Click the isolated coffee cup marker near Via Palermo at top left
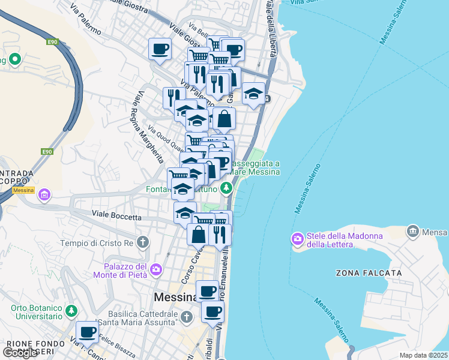pos(160,49)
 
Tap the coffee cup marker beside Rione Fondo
pos(88,332)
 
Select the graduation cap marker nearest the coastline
pos(253,94)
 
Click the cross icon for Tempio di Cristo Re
pos(142,243)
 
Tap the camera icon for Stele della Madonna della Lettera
pos(298,239)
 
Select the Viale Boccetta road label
pos(116,214)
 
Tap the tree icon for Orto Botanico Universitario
pos(71,311)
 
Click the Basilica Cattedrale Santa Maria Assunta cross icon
pos(187,316)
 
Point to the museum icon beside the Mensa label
pos(412,231)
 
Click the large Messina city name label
pos(175,297)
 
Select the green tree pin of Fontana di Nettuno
pos(226,188)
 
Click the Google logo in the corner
pos(20,353)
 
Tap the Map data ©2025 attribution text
pos(423,355)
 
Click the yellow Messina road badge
pos(23,190)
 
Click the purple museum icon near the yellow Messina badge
pos(44,195)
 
